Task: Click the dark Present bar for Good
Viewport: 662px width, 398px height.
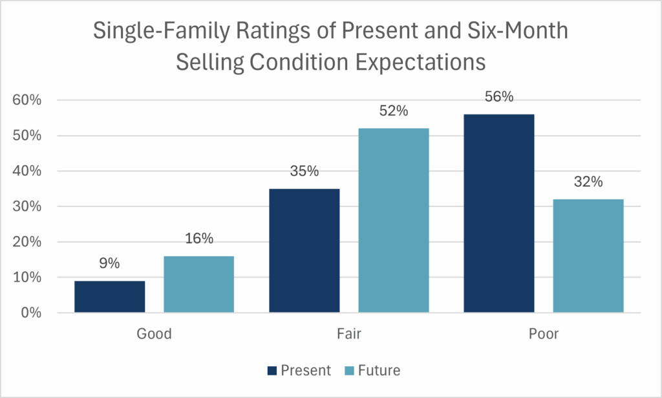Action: (109, 297)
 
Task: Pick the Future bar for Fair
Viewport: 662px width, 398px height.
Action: (393, 221)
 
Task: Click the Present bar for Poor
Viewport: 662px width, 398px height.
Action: (498, 214)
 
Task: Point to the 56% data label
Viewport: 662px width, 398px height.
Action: (498, 97)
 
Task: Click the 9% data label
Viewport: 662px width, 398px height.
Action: (109, 264)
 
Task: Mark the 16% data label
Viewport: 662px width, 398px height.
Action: (198, 239)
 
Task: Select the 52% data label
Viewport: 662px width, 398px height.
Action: (393, 111)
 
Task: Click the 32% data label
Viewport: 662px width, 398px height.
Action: (588, 182)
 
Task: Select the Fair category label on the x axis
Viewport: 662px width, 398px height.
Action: (348, 335)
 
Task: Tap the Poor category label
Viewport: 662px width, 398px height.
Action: (543, 335)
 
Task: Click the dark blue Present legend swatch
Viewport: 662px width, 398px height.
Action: (272, 371)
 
